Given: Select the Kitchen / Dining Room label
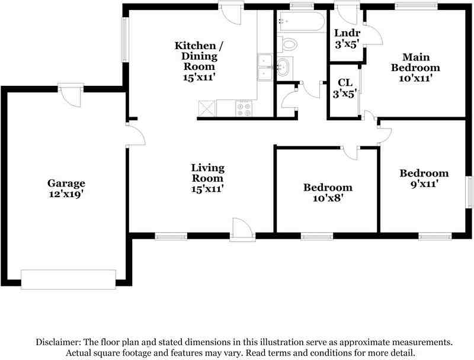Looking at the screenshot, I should [196, 56].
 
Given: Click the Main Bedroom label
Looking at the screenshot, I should [415, 62].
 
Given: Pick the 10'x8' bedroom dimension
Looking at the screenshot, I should [328, 198].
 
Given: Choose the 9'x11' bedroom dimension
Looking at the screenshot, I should [424, 184].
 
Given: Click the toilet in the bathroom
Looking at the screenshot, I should [289, 44].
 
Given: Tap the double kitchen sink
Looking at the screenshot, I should [265, 66].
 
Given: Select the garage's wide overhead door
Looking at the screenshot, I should [68, 278].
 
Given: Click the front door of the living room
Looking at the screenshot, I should [242, 230].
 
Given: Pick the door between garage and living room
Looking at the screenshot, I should [134, 135].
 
